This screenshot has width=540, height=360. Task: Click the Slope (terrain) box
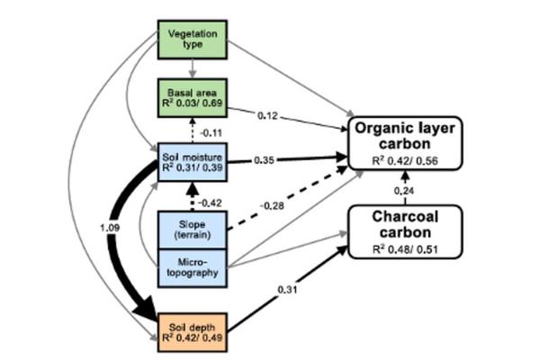tap(191, 229)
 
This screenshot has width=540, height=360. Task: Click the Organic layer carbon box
tap(407, 141)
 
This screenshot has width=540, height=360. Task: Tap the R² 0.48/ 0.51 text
tap(407, 249)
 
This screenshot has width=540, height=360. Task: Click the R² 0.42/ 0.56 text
tap(407, 163)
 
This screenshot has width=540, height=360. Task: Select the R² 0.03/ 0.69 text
tap(191, 103)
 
